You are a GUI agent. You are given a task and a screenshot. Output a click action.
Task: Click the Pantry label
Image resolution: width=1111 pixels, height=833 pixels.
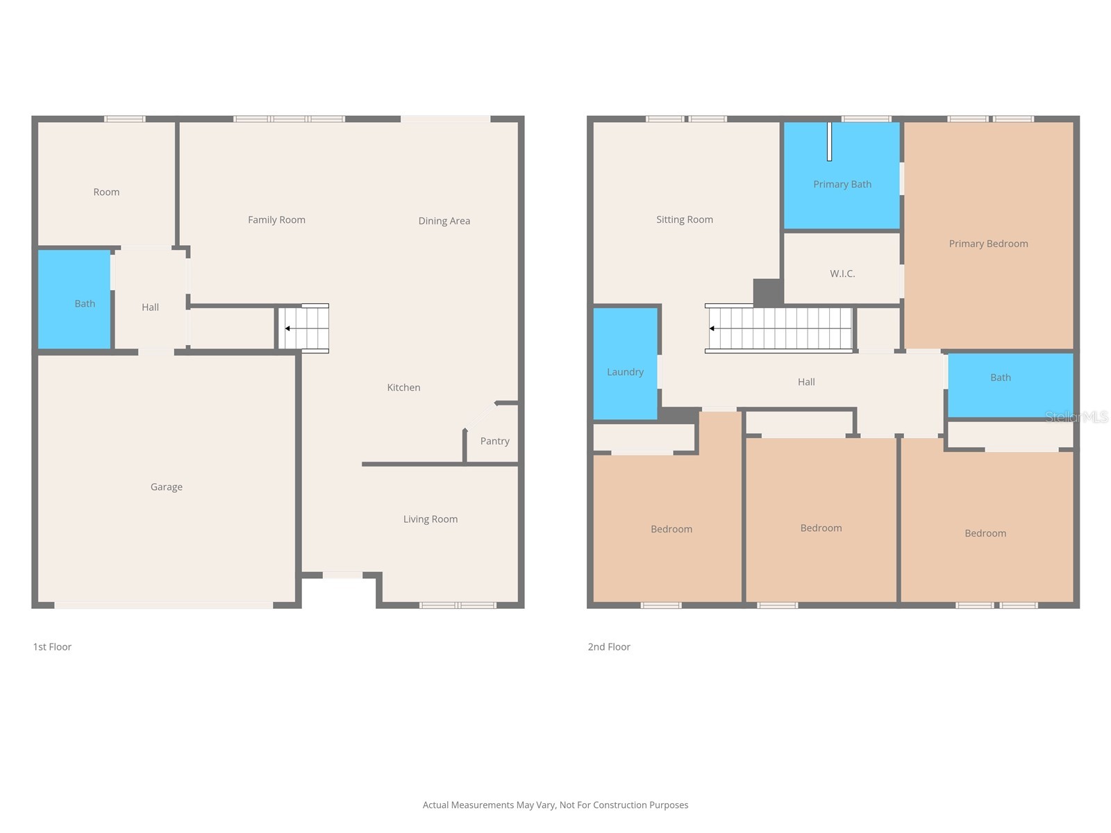pyautogui.click(x=494, y=441)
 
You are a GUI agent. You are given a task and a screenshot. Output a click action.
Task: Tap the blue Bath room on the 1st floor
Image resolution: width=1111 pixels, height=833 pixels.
pyautogui.click(x=74, y=299)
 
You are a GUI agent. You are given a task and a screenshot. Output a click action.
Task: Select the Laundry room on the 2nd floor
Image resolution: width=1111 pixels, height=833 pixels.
pyautogui.click(x=625, y=364)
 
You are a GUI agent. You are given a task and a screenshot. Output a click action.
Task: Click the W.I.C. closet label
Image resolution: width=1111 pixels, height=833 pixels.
pyautogui.click(x=842, y=274)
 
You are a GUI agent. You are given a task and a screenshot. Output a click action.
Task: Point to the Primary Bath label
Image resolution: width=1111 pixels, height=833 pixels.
pyautogui.click(x=842, y=184)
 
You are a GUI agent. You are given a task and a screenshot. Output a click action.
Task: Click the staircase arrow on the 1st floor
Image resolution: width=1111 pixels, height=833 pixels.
pyautogui.click(x=287, y=328)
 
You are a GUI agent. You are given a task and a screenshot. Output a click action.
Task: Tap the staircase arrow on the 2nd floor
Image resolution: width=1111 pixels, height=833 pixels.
pyautogui.click(x=712, y=328)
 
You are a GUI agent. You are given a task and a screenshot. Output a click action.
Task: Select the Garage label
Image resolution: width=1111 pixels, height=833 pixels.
pyautogui.click(x=167, y=487)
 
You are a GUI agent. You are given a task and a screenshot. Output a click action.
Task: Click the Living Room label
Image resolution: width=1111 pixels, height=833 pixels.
pyautogui.click(x=431, y=519)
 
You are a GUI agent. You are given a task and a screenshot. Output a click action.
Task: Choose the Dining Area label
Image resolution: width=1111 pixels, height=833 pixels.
pyautogui.click(x=444, y=221)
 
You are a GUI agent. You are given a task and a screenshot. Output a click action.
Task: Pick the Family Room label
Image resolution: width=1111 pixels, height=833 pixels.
pyautogui.click(x=276, y=219)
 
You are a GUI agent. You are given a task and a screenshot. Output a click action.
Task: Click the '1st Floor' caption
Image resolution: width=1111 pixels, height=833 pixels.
pyautogui.click(x=52, y=647)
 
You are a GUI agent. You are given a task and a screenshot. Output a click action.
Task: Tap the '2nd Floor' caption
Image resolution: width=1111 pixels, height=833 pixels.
pyautogui.click(x=609, y=647)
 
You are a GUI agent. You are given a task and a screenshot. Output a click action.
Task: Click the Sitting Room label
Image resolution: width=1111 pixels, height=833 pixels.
pyautogui.click(x=685, y=219)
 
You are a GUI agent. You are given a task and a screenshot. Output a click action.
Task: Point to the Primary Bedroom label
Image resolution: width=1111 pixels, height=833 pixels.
pyautogui.click(x=988, y=244)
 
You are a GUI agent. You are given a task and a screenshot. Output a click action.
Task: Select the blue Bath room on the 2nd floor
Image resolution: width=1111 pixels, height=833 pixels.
pyautogui.click(x=1010, y=385)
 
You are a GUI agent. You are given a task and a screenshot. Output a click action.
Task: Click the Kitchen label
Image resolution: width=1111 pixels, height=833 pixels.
pyautogui.click(x=403, y=387)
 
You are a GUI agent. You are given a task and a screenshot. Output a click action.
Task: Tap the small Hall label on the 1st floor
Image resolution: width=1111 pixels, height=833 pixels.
pyautogui.click(x=150, y=307)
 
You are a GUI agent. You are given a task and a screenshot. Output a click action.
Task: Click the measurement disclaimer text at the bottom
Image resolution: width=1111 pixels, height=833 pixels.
pyautogui.click(x=555, y=805)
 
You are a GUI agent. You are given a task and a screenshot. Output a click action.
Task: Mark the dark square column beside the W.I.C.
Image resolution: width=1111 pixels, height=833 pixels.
pyautogui.click(x=768, y=292)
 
